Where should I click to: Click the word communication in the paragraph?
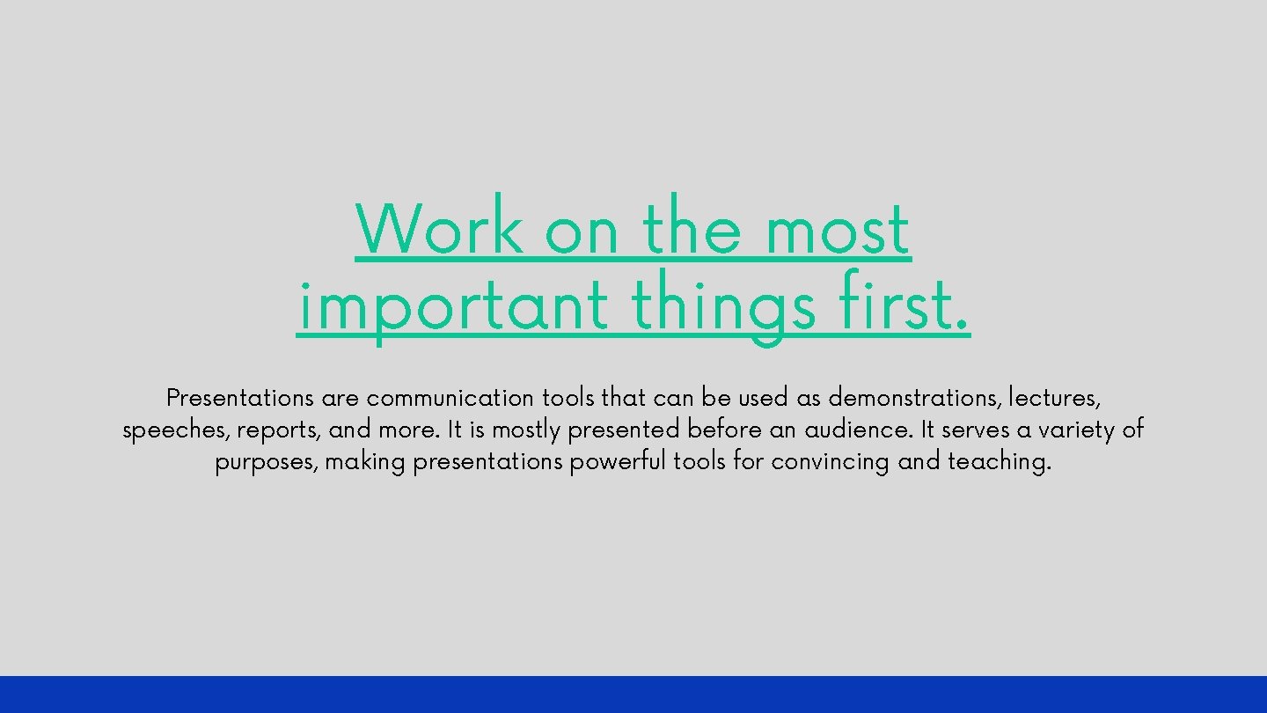[450, 399]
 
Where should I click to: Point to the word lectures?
[1053, 399]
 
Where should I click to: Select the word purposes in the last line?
[266, 462]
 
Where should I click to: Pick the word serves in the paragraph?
[975, 430]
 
